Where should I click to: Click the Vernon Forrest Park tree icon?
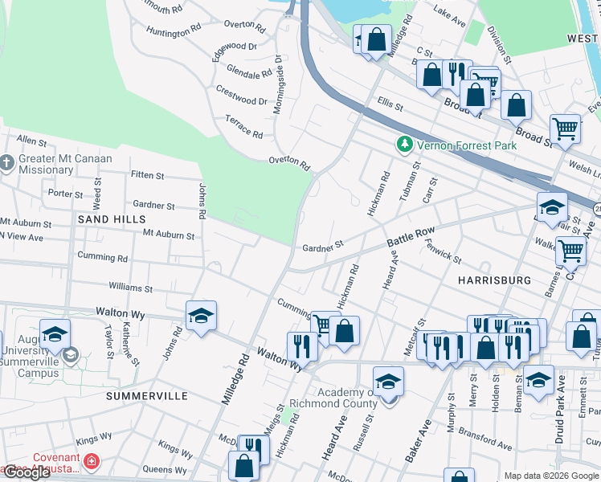point(404,145)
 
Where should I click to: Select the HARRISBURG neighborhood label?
point(494,280)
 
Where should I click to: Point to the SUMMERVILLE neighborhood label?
point(147,396)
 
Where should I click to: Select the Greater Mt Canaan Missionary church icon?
point(6,164)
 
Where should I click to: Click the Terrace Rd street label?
point(244,125)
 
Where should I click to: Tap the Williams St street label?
point(130,287)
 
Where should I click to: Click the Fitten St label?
point(147,174)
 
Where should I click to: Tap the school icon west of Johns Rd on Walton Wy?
point(201,316)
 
